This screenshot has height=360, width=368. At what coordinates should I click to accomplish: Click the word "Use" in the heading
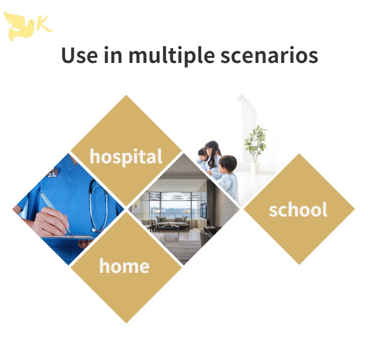[x=79, y=55]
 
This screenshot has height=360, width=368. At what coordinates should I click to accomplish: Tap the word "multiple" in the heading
[x=171, y=55]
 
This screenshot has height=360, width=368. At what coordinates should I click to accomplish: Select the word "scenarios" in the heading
[x=269, y=55]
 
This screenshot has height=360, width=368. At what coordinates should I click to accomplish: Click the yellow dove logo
[x=20, y=26]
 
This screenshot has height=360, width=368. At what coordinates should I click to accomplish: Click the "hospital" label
[x=126, y=157]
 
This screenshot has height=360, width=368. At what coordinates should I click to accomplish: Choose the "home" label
[x=124, y=266]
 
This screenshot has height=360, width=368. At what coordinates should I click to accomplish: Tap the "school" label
[x=298, y=209]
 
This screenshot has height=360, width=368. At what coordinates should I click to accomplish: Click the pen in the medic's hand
[x=55, y=212]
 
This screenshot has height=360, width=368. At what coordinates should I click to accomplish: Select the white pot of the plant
[x=255, y=168]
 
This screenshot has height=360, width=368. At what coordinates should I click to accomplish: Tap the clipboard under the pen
[x=70, y=237]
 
